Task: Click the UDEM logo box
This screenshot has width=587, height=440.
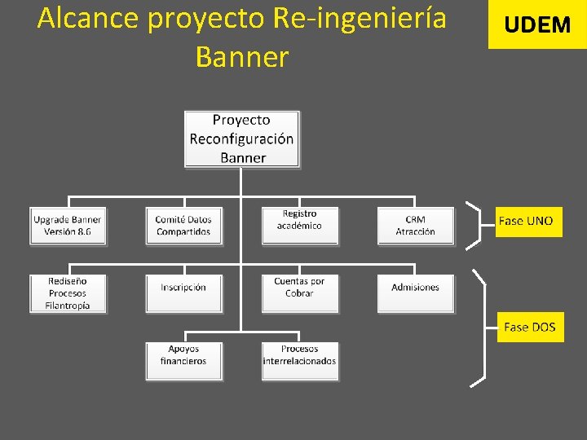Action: (537, 24)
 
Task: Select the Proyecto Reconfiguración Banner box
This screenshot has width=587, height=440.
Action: (241, 139)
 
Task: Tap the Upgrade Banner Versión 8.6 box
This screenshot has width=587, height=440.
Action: (68, 226)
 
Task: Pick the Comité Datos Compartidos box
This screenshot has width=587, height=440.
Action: (183, 226)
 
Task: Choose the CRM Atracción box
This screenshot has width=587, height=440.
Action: (415, 226)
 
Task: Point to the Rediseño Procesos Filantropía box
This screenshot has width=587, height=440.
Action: (68, 293)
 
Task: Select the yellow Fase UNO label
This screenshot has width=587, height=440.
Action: (528, 221)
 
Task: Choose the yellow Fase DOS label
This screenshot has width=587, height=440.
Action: (530, 327)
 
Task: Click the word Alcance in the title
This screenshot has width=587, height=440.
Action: (89, 18)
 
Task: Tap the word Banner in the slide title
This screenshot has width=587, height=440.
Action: (242, 57)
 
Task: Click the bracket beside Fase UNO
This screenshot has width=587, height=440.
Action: (475, 224)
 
